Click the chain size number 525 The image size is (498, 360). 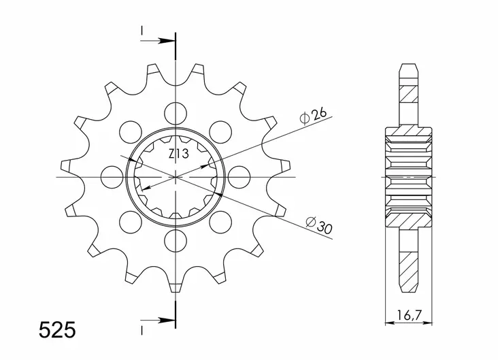click(57, 331)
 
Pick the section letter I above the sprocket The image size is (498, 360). click(142, 31)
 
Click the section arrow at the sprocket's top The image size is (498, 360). click(163, 40)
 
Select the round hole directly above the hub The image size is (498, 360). click(176, 110)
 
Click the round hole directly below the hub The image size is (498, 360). click(176, 240)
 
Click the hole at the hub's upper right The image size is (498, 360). click(221, 129)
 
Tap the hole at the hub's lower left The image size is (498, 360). click(129, 221)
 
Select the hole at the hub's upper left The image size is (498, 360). click(129, 129)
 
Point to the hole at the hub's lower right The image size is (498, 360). click(221, 221)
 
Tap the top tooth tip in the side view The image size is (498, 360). click(411, 69)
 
